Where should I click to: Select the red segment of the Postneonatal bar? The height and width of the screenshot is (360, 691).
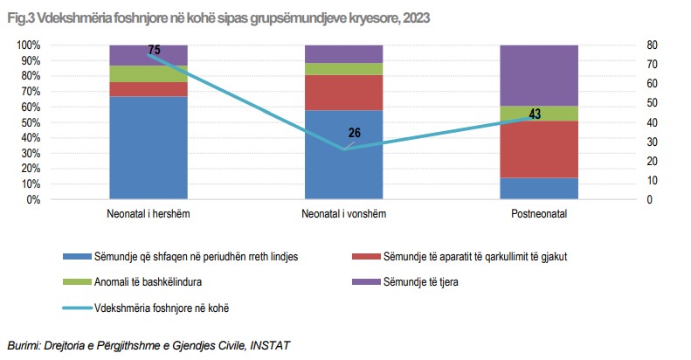pyautogui.click(x=539, y=149)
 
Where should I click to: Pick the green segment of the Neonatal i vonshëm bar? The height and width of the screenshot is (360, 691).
pyautogui.click(x=343, y=69)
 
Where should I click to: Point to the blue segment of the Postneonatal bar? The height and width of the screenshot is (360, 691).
pyautogui.click(x=539, y=188)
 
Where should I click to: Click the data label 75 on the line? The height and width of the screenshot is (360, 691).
pyautogui.click(x=155, y=51)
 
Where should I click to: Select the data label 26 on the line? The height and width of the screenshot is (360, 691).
pyautogui.click(x=354, y=134)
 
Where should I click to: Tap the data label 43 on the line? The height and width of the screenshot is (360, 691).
pyautogui.click(x=535, y=114)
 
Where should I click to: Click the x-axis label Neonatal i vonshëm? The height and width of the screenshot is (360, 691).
pyautogui.click(x=343, y=214)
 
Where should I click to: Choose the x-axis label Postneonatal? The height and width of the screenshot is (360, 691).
pyautogui.click(x=539, y=214)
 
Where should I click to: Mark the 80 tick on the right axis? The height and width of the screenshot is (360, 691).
pyautogui.click(x=652, y=45)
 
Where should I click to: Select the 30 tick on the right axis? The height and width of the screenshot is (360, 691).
pyautogui.click(x=652, y=142)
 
